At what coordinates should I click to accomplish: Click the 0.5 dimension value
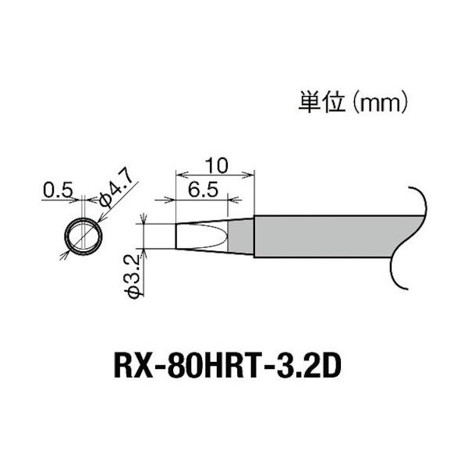(58, 189)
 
